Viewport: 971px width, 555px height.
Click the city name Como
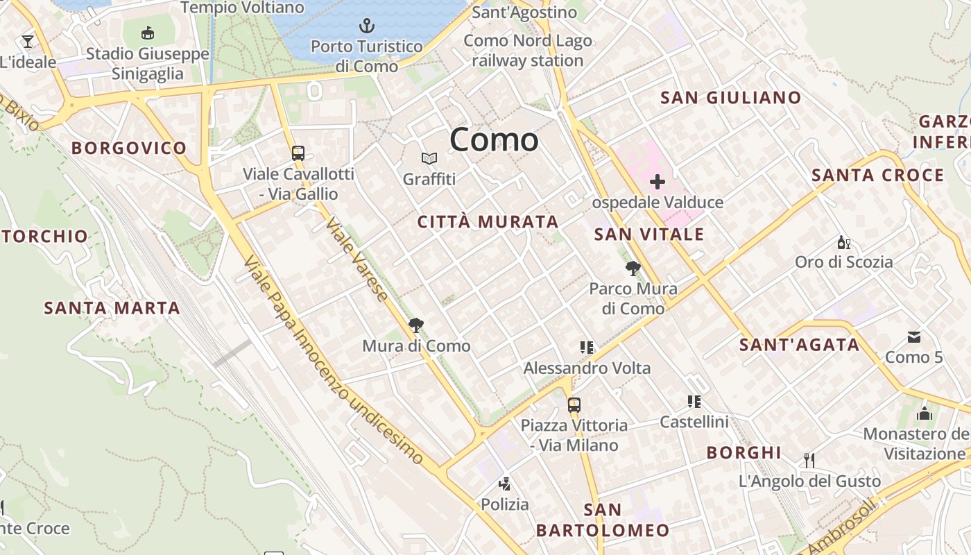coord(494,140)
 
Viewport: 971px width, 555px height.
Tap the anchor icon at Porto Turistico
coord(366,26)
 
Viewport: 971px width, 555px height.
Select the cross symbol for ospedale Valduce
coord(657,182)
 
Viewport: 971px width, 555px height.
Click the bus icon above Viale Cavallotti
coord(298,153)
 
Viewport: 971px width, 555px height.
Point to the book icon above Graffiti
coord(429,159)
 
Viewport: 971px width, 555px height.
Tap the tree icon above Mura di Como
coord(416,325)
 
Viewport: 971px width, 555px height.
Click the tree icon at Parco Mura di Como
coord(633,268)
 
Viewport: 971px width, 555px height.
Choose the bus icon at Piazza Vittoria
coord(574,404)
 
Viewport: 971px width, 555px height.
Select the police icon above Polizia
coord(505,484)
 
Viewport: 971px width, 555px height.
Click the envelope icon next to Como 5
coord(914,337)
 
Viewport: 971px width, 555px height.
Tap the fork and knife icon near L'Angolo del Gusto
coord(809,460)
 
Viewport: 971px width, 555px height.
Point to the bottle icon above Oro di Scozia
coord(843,242)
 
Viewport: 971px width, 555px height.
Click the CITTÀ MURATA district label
coord(488,222)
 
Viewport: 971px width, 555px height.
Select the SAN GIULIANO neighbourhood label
coord(730,98)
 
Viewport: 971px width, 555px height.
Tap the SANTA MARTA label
coord(112,308)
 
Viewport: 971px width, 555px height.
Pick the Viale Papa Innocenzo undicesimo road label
coord(333,361)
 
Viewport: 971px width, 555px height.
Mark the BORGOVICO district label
coord(129,148)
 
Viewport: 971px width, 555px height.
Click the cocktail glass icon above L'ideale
coord(28,42)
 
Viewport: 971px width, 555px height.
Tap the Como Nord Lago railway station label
coord(528,51)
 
